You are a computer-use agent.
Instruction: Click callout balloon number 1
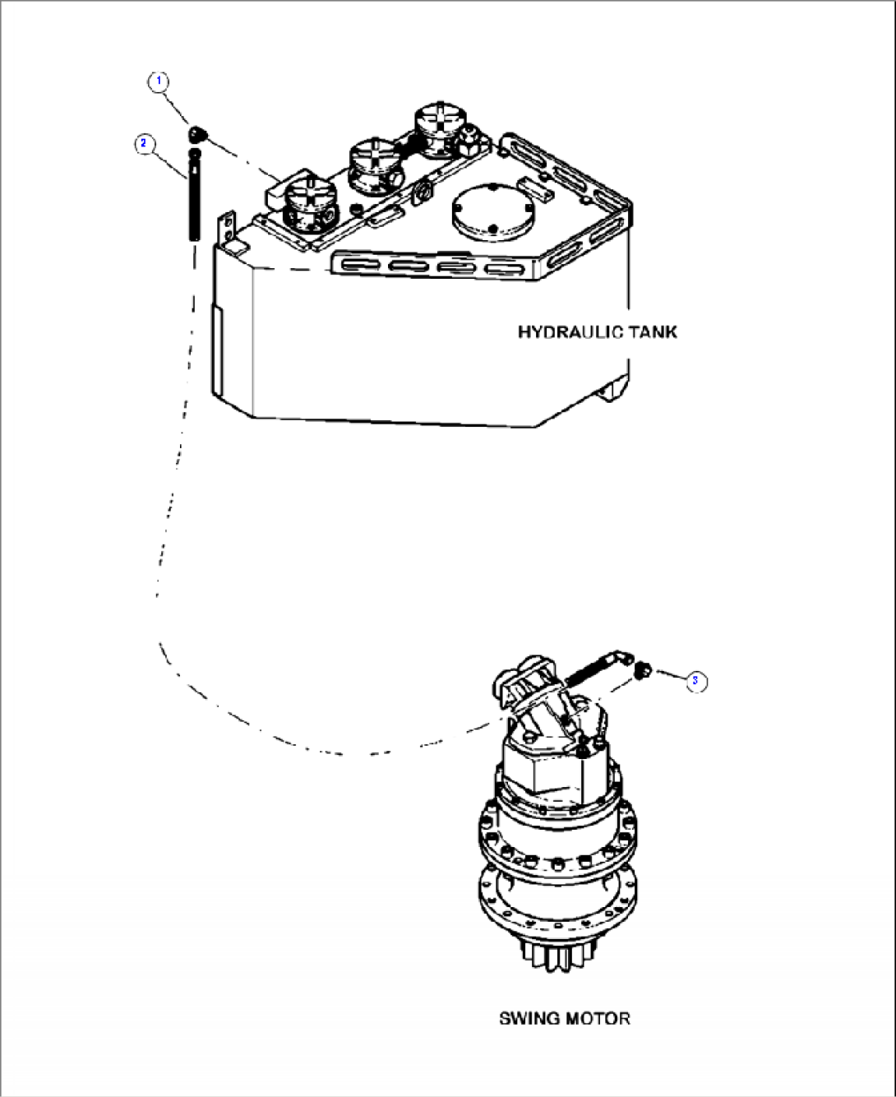click(x=159, y=81)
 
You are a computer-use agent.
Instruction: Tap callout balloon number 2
click(x=143, y=143)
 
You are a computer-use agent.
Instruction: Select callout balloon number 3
click(x=695, y=681)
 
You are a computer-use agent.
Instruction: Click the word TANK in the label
click(x=654, y=332)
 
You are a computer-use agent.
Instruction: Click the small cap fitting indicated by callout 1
click(x=197, y=133)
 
